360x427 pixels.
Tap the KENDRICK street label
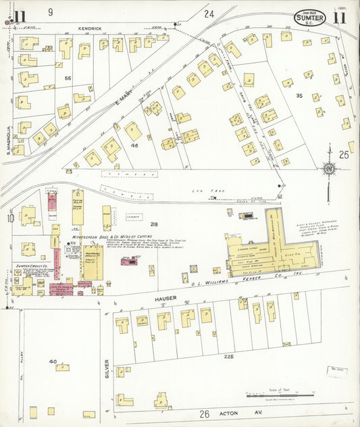(89, 28)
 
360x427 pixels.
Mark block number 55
(68, 78)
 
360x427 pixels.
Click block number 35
(299, 95)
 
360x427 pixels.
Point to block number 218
(154, 224)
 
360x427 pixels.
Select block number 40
(52, 362)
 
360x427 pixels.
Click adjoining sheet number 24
(209, 14)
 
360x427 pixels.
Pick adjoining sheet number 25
(344, 155)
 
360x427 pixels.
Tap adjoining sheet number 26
(205, 413)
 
